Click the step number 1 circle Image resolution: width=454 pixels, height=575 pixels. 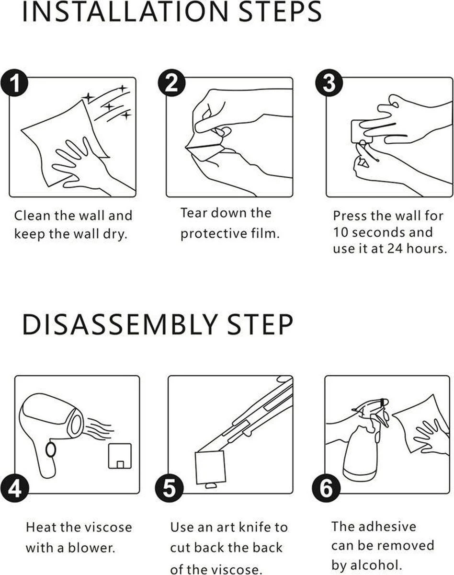(14, 83)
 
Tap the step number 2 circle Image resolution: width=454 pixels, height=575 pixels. (171, 83)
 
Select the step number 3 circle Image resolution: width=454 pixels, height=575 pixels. (329, 83)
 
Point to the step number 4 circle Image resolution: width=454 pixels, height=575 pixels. (15, 488)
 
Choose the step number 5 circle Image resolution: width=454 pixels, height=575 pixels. (170, 488)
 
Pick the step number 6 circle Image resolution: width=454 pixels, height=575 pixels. (326, 488)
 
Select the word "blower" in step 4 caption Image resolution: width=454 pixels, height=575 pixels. (91, 548)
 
